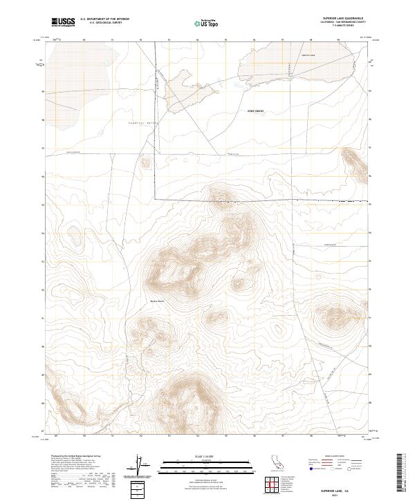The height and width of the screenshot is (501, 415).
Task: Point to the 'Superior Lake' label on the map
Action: (x=308, y=55)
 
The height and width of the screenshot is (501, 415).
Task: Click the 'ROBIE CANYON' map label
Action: (x=256, y=111)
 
